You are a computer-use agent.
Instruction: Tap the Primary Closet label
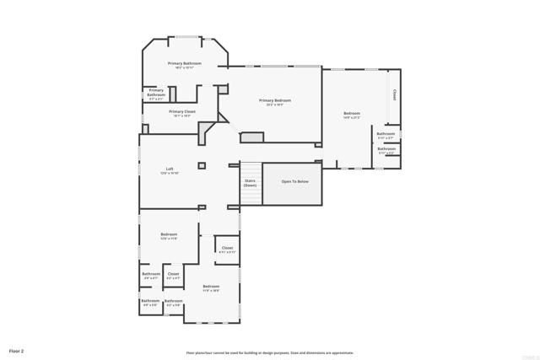pyautogui.click(x=182, y=112)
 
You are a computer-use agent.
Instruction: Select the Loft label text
pyautogui.click(x=170, y=170)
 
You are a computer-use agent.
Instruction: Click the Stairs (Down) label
pyautogui.click(x=251, y=182)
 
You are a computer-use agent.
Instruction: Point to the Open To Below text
pyautogui.click(x=294, y=181)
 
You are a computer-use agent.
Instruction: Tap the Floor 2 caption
pyautogui.click(x=17, y=350)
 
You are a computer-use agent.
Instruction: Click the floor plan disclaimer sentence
pyautogui.click(x=270, y=352)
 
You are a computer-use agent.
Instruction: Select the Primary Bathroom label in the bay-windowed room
pyautogui.click(x=184, y=64)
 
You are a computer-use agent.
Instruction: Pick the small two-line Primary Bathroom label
pyautogui.click(x=157, y=92)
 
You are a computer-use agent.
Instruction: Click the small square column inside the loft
pyautogui.click(x=202, y=165)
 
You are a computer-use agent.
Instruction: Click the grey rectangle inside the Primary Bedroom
pyautogui.click(x=252, y=137)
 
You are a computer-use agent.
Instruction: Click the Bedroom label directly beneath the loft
pyautogui.click(x=170, y=235)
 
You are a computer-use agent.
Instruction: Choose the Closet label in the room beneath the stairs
pyautogui.click(x=228, y=249)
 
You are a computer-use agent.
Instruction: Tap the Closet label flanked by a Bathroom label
pyautogui.click(x=173, y=274)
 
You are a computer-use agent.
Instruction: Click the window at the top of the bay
pyautogui.click(x=187, y=36)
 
